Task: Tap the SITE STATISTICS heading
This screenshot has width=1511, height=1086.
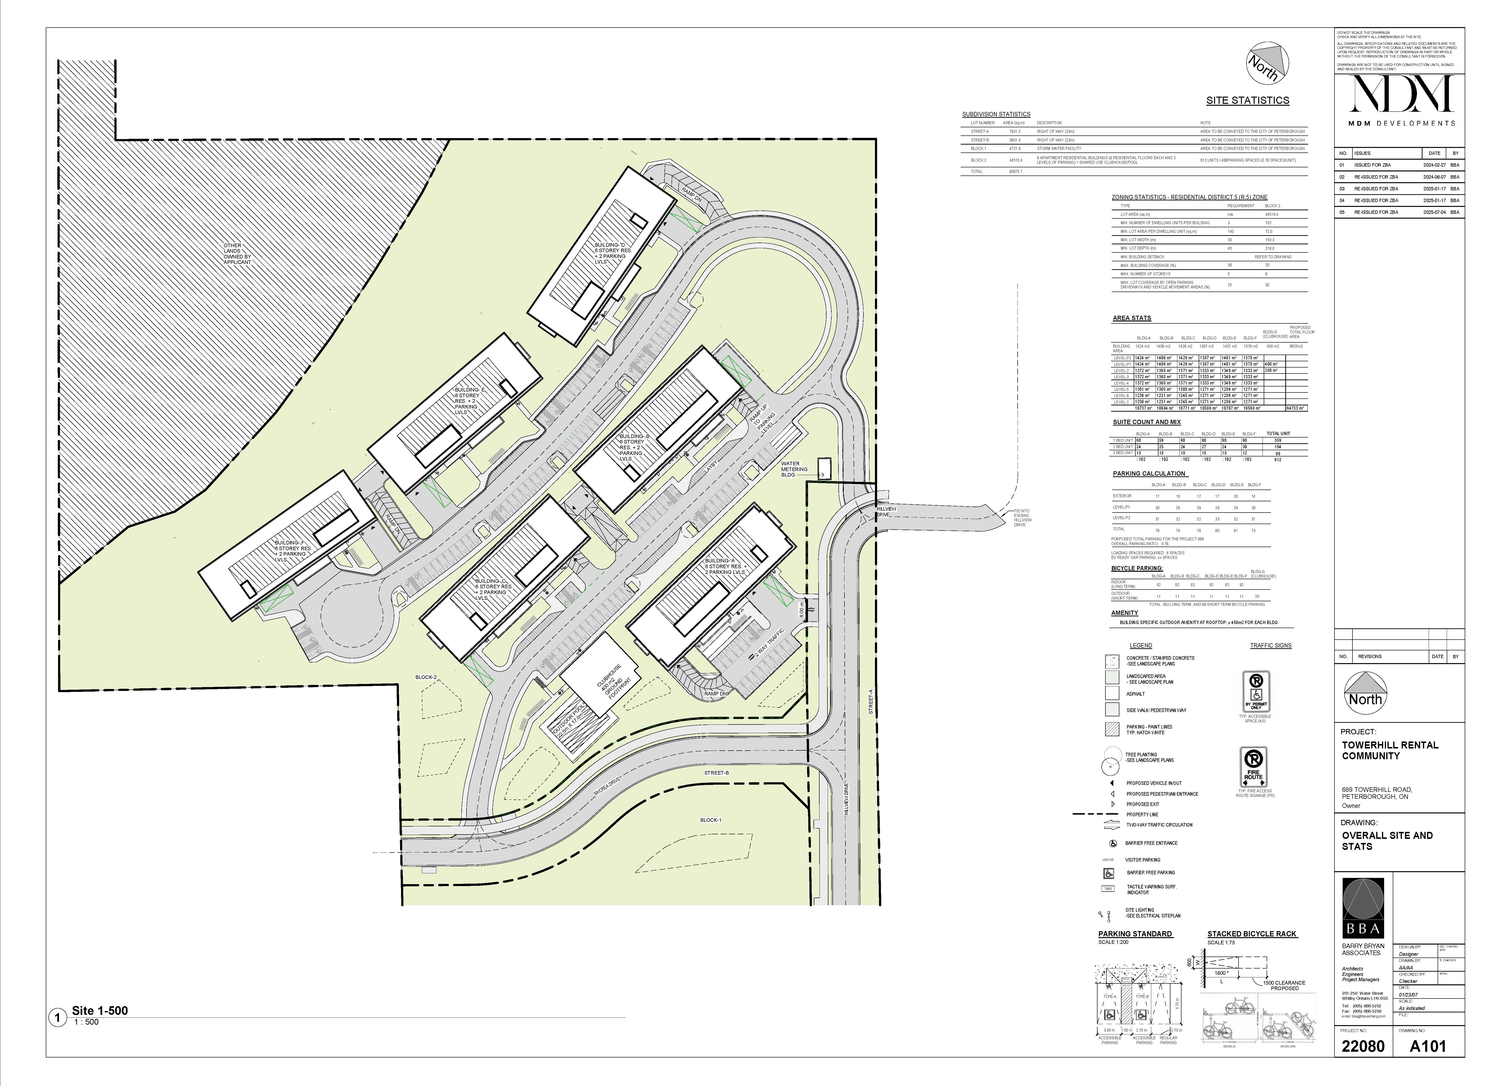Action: pos(1247,100)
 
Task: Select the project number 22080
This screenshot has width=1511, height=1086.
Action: pos(1363,1046)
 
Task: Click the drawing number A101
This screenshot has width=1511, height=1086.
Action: pos(1428,1046)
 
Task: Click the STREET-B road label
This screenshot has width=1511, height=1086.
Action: pos(716,772)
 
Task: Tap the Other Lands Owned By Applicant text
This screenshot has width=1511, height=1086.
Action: pos(237,254)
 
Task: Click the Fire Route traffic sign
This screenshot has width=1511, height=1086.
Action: pos(1253,767)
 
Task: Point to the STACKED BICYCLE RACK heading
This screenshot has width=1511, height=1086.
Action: pos(1252,934)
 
